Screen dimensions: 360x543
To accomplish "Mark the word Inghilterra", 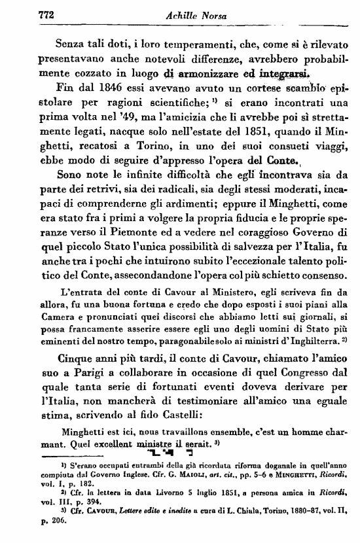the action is pos(300,341).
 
